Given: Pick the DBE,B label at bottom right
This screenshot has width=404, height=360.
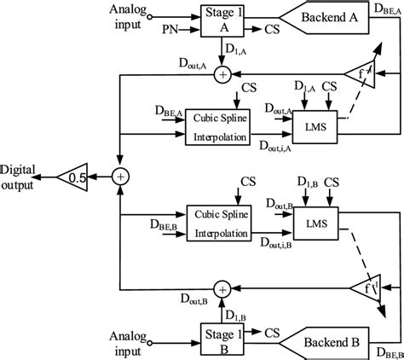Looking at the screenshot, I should click(x=384, y=350).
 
